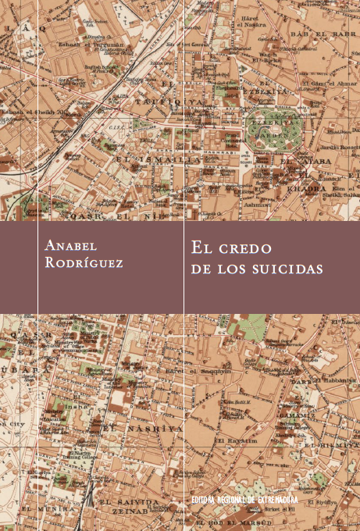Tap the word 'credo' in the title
click(241, 249)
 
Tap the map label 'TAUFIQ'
click(159, 102)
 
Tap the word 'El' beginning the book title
click(200, 249)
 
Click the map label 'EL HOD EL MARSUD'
click(233, 521)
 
